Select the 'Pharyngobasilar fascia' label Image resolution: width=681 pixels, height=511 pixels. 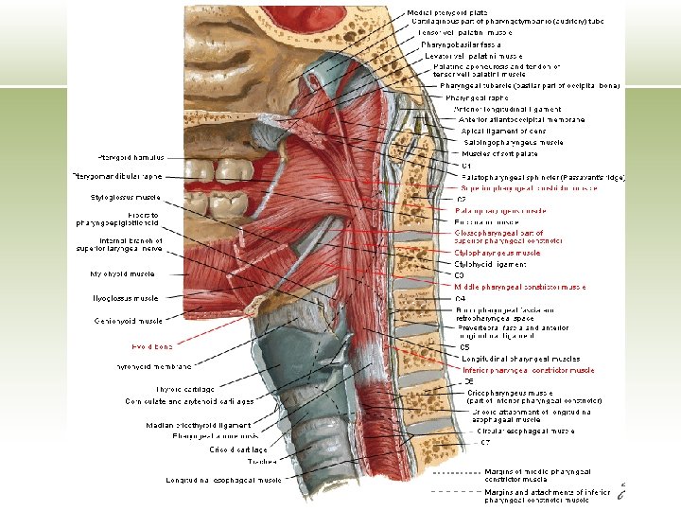tap(461, 44)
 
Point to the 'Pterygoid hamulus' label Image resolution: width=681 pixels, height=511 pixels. tap(131, 157)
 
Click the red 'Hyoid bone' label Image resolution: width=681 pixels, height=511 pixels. tap(151, 346)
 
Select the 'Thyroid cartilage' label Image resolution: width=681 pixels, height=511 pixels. tap(184, 389)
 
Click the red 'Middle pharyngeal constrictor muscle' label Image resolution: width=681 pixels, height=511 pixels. tap(519, 287)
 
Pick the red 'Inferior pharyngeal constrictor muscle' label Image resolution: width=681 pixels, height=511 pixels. tap(527, 370)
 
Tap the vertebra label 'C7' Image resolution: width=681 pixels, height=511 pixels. tap(484, 442)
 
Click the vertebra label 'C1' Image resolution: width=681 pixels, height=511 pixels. tap(466, 165)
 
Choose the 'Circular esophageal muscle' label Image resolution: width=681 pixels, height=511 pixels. tap(525, 431)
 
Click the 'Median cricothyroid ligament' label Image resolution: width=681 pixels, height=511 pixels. tap(198, 425)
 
